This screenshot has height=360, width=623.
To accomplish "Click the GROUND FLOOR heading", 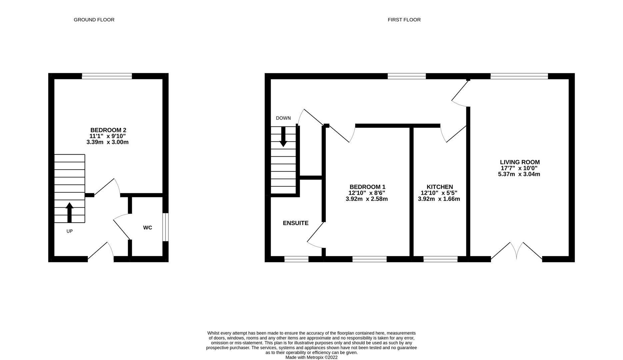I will click(x=94, y=20).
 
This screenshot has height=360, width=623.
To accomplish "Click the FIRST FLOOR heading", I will click(x=404, y=20).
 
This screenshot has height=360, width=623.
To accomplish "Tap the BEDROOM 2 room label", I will click(x=108, y=130).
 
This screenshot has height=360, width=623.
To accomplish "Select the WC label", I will click(x=148, y=228).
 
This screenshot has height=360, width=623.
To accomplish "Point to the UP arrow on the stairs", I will click(x=69, y=212).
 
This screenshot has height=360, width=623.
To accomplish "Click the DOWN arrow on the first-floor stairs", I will click(x=283, y=137).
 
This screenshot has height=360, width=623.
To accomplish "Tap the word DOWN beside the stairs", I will click(x=283, y=118).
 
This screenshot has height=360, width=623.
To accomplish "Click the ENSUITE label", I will click(x=296, y=223).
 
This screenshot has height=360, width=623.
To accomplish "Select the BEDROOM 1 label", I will click(x=367, y=187).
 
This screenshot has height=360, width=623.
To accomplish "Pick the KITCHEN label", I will click(x=440, y=187).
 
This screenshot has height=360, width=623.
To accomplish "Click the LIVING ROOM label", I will click(x=520, y=162).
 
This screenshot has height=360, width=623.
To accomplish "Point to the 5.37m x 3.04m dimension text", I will click(x=519, y=174).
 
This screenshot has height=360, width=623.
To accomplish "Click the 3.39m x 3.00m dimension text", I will click(x=107, y=142).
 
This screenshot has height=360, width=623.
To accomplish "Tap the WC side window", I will click(x=165, y=227).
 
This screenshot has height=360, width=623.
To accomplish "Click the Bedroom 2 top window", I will click(x=107, y=76).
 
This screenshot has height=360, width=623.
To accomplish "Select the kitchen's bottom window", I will click(x=440, y=259).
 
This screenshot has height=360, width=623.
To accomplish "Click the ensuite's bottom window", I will click(x=296, y=259).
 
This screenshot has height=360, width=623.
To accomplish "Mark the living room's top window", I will click(x=519, y=76).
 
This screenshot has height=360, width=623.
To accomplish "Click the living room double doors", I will click(x=517, y=252).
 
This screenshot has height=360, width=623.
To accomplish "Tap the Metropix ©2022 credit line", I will click(x=311, y=357).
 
